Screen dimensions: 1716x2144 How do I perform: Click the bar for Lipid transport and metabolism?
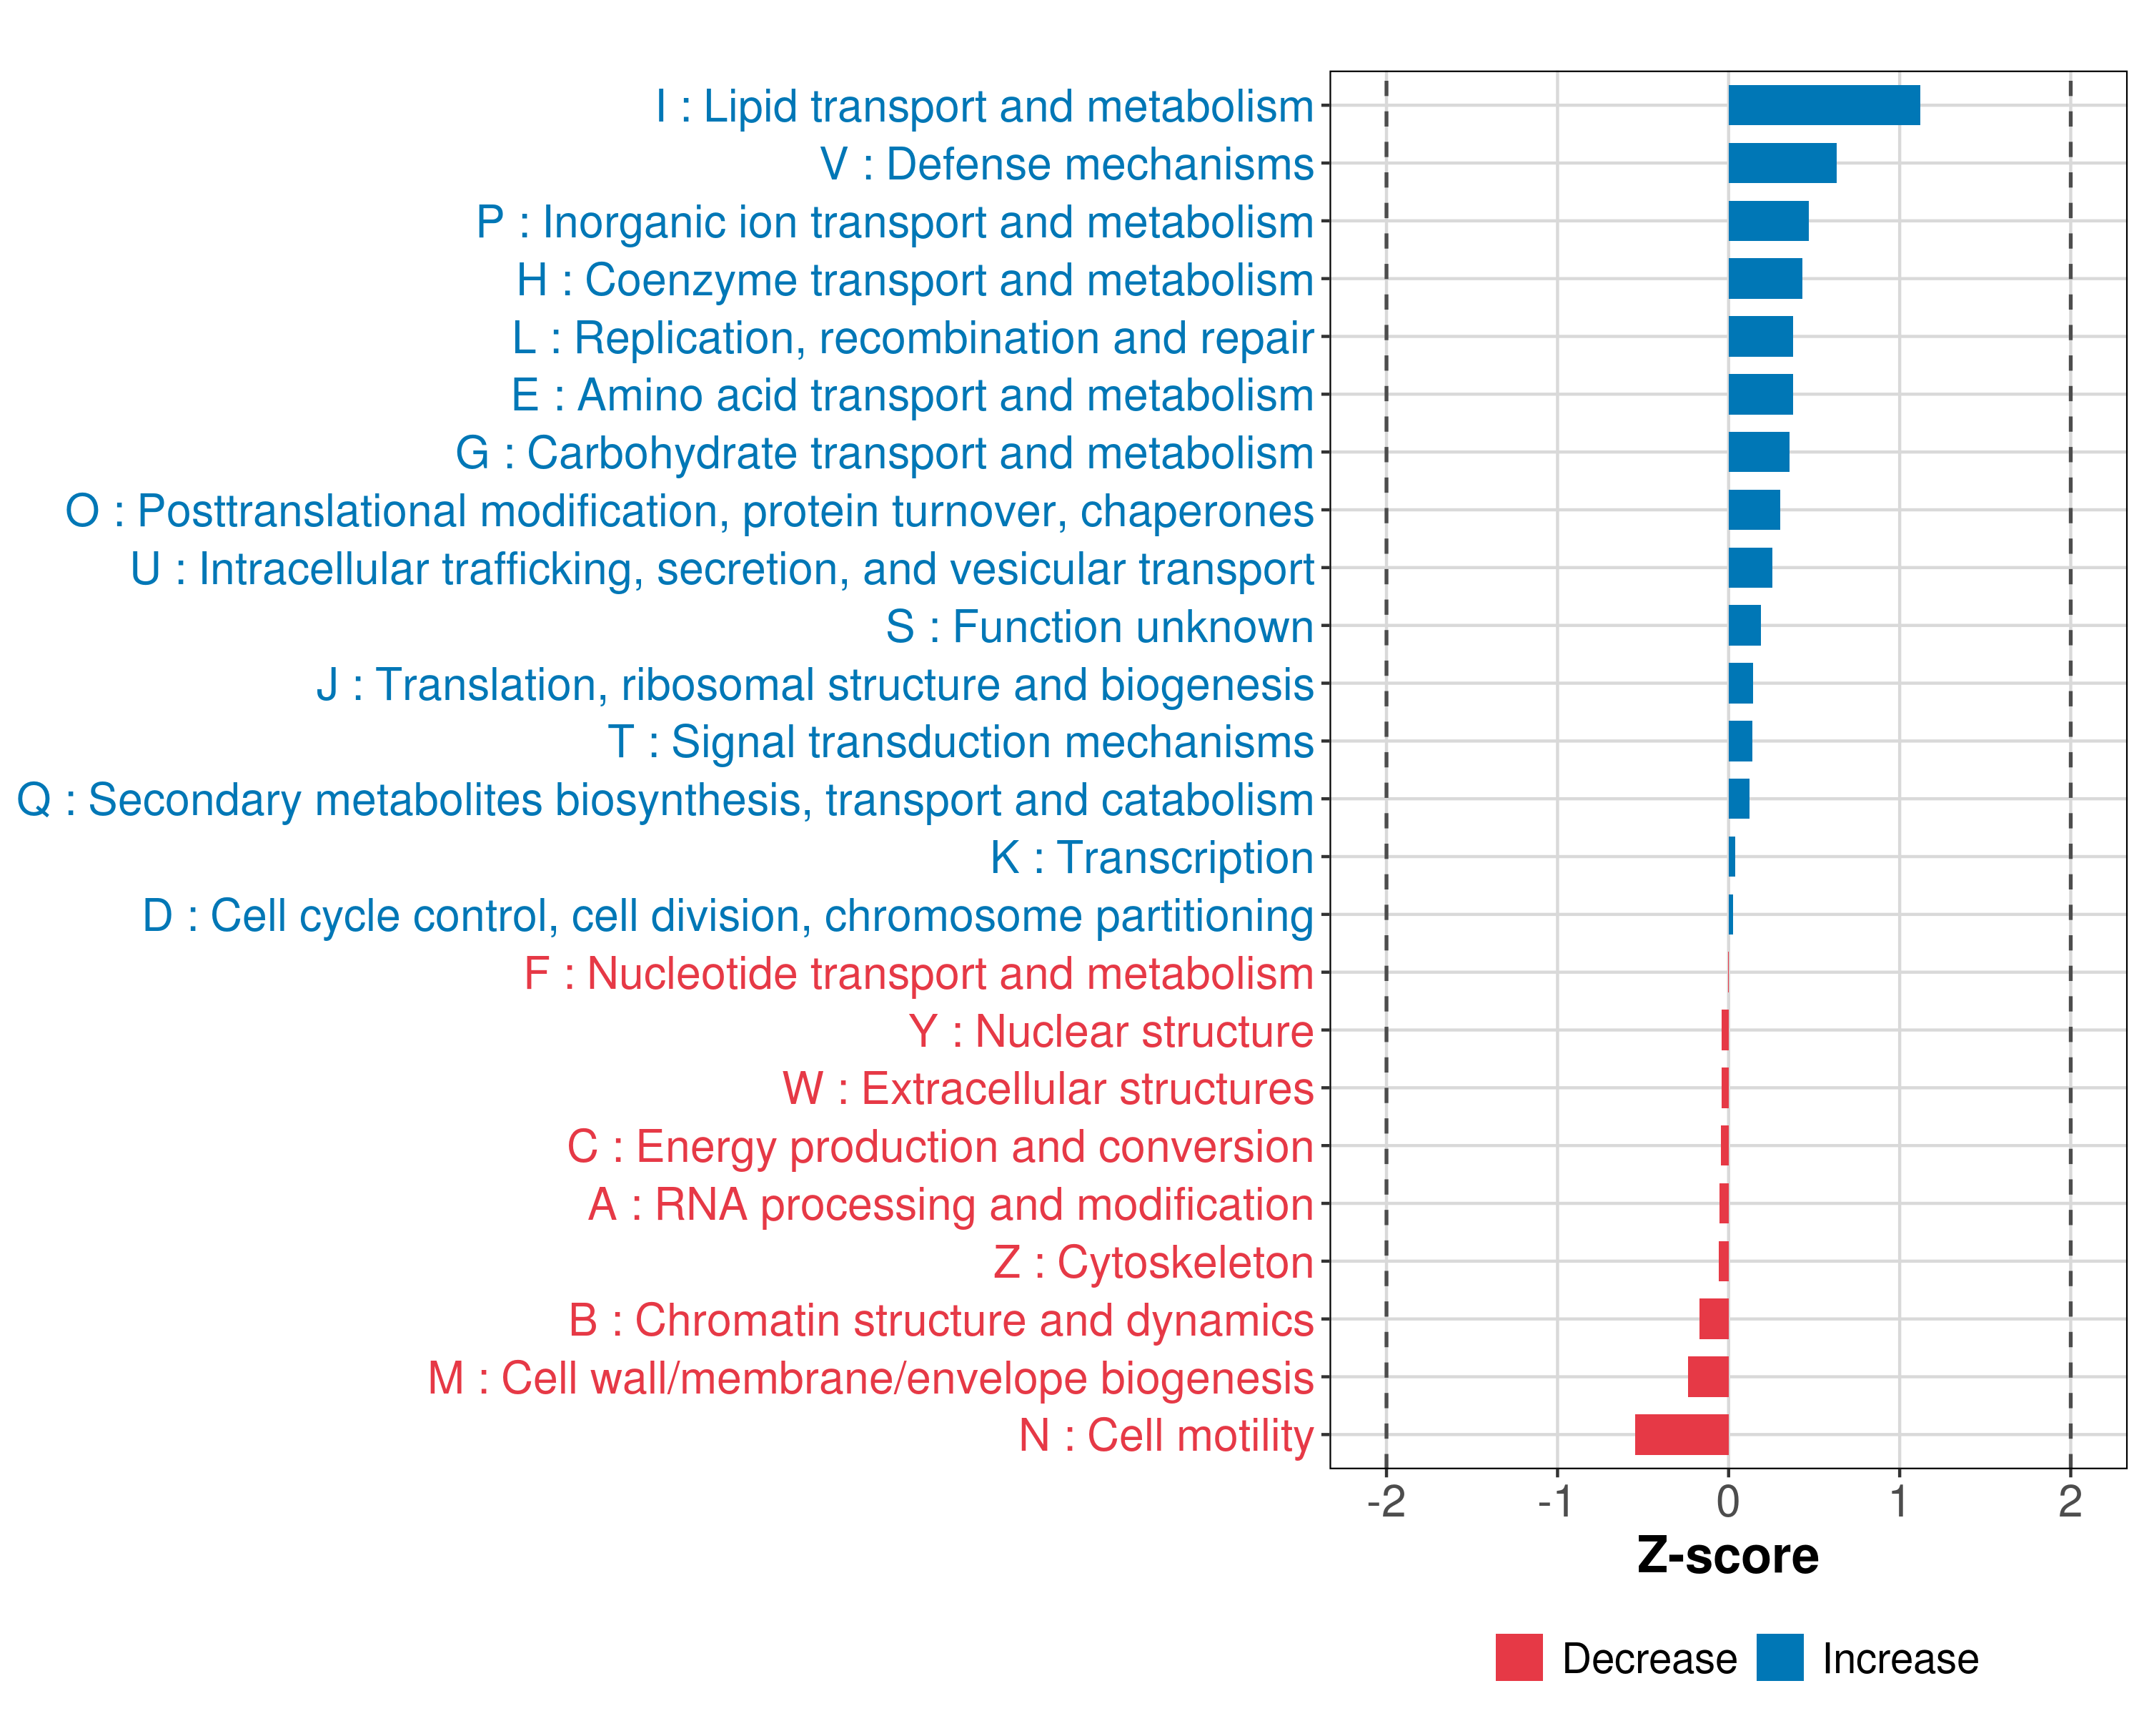click(1823, 105)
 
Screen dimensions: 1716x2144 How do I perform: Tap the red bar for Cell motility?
click(1681, 1434)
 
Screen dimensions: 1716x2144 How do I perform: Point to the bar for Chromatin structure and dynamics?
click(1713, 1319)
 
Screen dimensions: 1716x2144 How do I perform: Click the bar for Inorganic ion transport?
click(1767, 221)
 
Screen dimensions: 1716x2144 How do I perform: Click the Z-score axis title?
click(1727, 1556)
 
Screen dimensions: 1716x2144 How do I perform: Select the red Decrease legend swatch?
click(1519, 1657)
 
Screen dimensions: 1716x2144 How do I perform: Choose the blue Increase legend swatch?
click(1779, 1657)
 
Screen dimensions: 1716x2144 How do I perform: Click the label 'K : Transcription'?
click(1151, 857)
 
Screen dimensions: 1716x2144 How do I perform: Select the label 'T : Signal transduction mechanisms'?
click(961, 742)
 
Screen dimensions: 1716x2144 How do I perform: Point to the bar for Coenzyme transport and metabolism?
click(1764, 279)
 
